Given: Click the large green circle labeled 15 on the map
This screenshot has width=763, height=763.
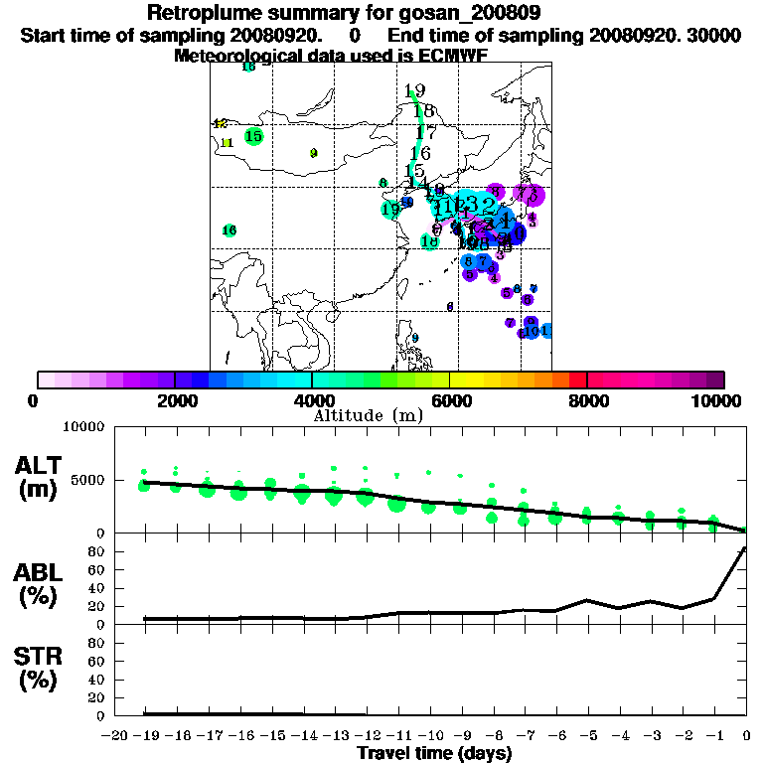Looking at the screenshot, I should [x=253, y=136].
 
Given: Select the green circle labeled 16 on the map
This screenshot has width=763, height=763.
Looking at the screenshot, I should [x=229, y=230].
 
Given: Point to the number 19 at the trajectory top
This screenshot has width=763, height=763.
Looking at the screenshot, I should [x=415, y=91].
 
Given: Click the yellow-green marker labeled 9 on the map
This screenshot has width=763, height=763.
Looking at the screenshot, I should [x=313, y=153].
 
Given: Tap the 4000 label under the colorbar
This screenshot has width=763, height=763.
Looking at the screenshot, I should [x=312, y=400].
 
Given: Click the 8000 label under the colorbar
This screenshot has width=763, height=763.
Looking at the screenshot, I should [x=587, y=400].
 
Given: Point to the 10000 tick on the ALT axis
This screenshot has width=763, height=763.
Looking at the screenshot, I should [x=82, y=428].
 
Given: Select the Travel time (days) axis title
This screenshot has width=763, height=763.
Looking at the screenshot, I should [x=434, y=753].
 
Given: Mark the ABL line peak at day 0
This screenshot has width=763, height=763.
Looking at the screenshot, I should [x=745, y=547].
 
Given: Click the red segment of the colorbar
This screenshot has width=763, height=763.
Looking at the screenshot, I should [x=577, y=380].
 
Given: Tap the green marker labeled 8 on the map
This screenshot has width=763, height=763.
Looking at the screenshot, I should [x=382, y=183].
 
